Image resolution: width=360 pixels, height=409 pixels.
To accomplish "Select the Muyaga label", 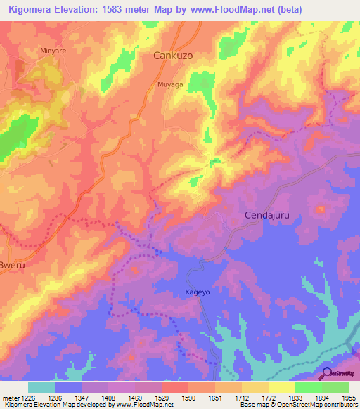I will coord(169,84).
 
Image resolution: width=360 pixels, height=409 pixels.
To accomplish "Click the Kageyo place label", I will coord(188,292).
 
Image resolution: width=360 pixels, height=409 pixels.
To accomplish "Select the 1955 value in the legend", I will coord(347,397).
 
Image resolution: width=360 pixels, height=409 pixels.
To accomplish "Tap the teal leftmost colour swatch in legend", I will coord(41,387).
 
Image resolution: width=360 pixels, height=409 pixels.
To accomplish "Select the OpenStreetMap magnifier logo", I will coord(326,374).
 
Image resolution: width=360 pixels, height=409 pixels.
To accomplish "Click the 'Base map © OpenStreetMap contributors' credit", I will coord(297,405).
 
